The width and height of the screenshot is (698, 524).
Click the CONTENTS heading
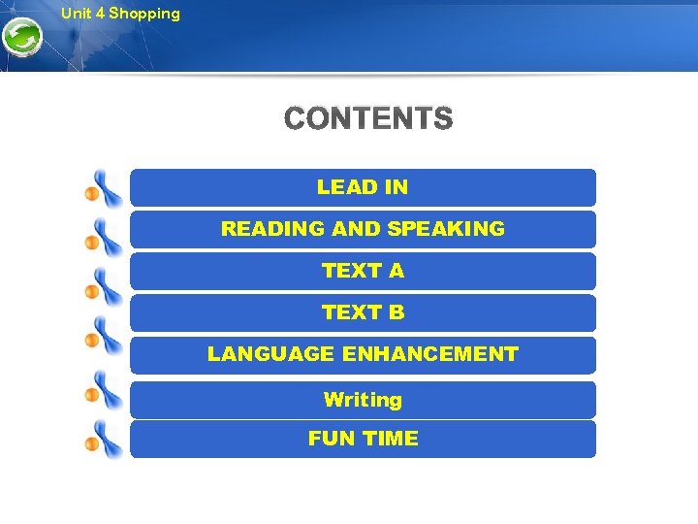tap(368, 119)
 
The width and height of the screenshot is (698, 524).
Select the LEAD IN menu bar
tap(363, 187)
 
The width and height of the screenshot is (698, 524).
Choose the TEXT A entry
tap(363, 271)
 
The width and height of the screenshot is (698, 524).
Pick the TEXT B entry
tap(363, 312)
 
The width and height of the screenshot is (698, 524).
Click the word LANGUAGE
tap(270, 354)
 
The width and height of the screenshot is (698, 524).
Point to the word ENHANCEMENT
tap(430, 354)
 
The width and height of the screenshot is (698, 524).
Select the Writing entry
tap(363, 399)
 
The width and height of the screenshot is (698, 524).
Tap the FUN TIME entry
tap(363, 439)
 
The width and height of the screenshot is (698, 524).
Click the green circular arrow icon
tap(20, 40)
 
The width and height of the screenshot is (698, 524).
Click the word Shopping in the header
tap(144, 14)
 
